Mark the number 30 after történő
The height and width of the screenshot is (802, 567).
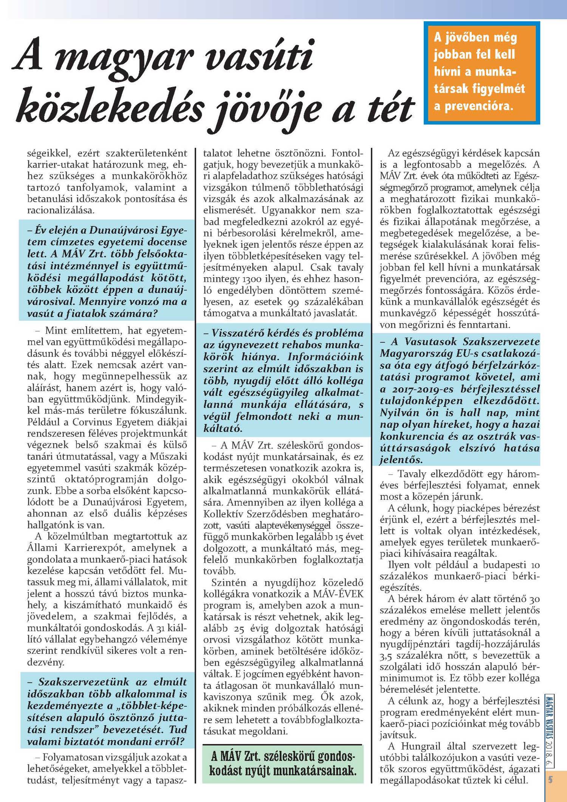(x=534, y=599)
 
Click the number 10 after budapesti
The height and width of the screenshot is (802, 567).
(x=535, y=565)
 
